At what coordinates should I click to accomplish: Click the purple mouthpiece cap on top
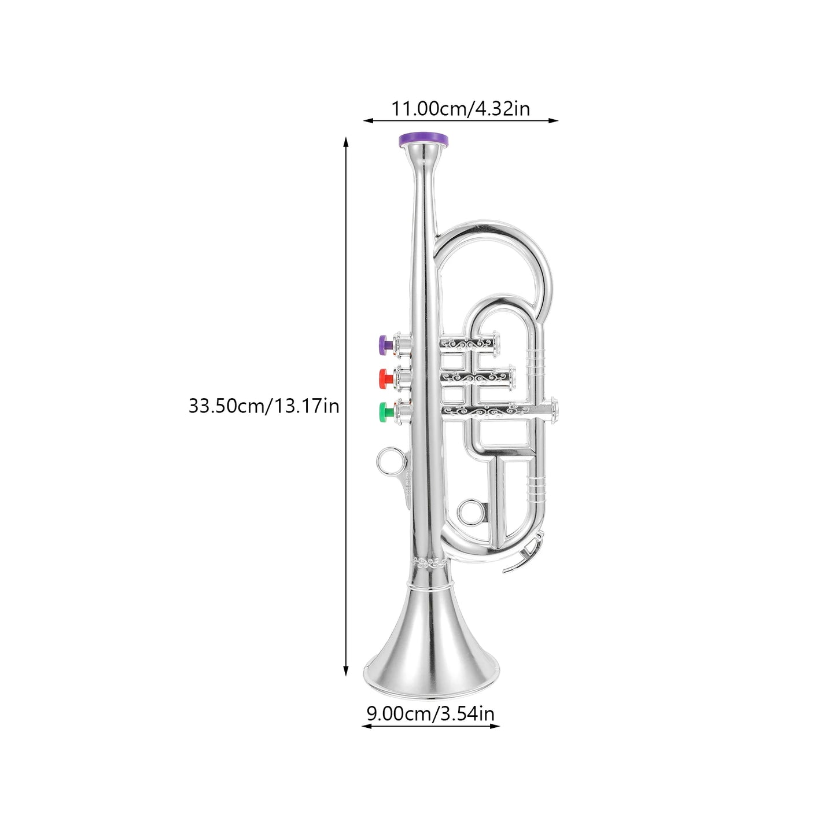424,139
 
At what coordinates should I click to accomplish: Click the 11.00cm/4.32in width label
461,109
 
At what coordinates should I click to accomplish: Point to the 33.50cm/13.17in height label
264,406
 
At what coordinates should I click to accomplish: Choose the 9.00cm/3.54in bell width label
430,713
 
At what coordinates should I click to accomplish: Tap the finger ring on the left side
388,462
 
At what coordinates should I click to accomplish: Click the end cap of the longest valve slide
554,410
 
